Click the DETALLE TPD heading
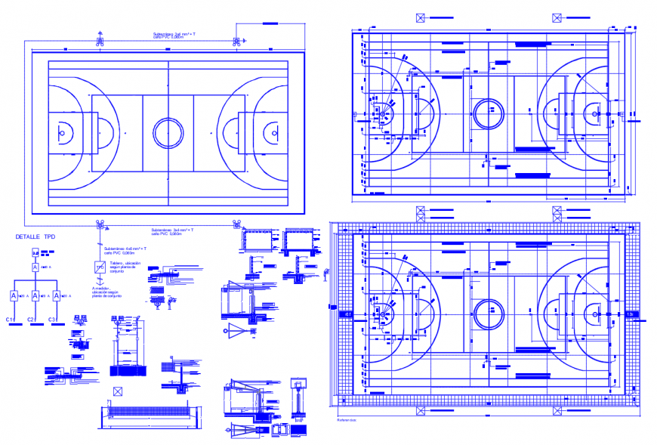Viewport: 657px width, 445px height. coord(35,236)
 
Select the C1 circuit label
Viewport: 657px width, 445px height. coord(11,320)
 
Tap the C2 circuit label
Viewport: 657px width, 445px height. coord(32,320)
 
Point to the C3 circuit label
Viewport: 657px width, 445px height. coord(52,320)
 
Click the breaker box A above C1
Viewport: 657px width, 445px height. coord(14,296)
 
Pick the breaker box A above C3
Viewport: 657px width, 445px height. coord(55,296)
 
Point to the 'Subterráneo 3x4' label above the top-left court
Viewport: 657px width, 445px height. coord(174,36)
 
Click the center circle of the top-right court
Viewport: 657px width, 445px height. coord(488,114)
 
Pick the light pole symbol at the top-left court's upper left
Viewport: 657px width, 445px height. coord(99,40)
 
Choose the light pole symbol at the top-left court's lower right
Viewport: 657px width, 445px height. coord(237,224)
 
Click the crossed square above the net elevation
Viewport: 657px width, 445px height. coord(117,391)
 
